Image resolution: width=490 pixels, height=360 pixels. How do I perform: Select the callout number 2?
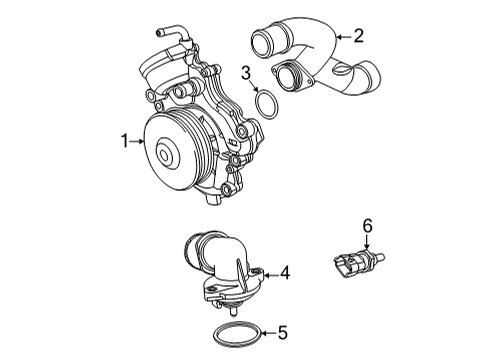pyautogui.click(x=357, y=36)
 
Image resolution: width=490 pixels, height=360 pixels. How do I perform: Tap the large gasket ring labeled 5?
pyautogui.click(x=239, y=333)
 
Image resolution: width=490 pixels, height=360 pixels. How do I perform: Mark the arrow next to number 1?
pyautogui.click(x=140, y=143)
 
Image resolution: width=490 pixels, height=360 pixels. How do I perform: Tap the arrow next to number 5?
pyautogui.click(x=267, y=334)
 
